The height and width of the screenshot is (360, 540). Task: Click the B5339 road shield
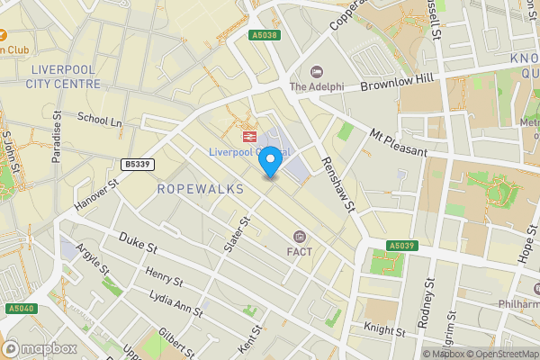pyautogui.click(x=136, y=164)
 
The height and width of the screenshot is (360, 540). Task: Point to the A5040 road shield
pyautogui.click(x=21, y=309)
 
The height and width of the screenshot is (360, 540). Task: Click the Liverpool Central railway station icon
pyautogui.click(x=247, y=136)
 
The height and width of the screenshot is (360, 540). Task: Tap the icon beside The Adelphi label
pyautogui.click(x=316, y=72)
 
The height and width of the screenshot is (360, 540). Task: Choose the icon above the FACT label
pyautogui.click(x=300, y=236)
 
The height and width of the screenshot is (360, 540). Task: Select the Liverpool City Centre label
pyautogui.click(x=64, y=76)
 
